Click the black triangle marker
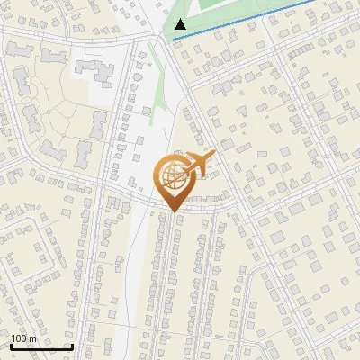click(181, 24)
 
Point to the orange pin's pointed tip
click(172, 212)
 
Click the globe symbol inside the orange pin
click(172, 177)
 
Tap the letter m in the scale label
click(33, 339)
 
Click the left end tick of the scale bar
click(11, 346)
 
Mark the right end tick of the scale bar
click(72, 346)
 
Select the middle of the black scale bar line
click(41, 347)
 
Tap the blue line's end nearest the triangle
click(175, 39)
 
